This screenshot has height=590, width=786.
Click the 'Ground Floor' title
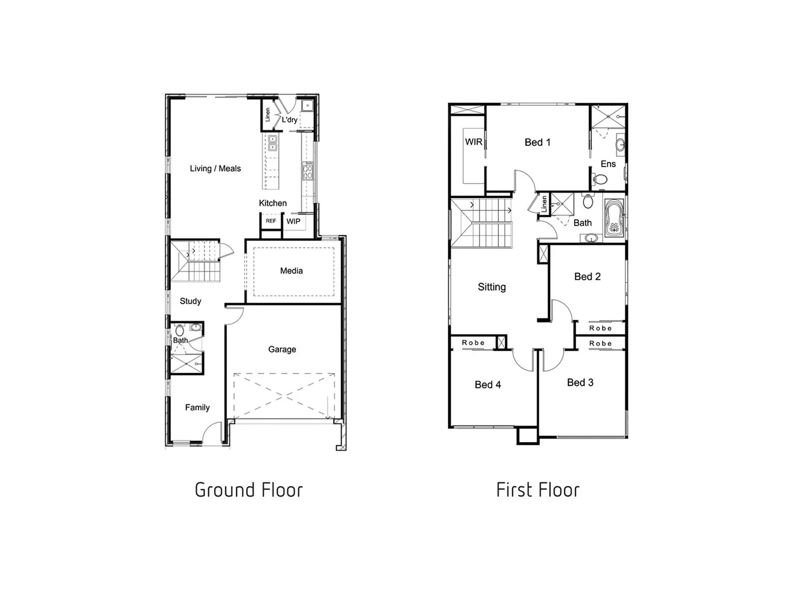coord(248,490)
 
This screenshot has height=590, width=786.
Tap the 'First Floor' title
coord(538,490)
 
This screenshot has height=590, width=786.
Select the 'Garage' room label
coord(282,350)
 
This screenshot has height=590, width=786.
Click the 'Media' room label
coord(291,271)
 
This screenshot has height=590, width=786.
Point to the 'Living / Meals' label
coord(215,169)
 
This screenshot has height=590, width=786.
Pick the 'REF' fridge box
coord(271,221)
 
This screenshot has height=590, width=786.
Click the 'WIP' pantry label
coord(293,222)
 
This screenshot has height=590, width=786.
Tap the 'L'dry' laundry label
coord(290,120)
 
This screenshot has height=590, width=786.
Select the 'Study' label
coord(190,302)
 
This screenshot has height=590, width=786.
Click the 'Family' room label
coord(197,408)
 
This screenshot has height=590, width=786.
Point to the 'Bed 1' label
coord(537,143)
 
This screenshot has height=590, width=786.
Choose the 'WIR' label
coord(473,142)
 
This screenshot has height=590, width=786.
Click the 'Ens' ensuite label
coord(608,164)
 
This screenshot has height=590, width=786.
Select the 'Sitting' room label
coord(491,287)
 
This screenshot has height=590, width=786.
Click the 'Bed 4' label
coord(487,385)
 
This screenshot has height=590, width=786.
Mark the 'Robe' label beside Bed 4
coord(473,343)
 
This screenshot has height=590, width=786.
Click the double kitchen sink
coord(272,143)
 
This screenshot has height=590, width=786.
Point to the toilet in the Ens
coord(600,179)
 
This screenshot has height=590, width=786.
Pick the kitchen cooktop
coord(308,172)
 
